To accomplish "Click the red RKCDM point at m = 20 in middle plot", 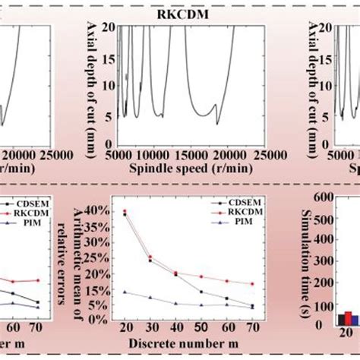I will pyautogui.click(x=125, y=211).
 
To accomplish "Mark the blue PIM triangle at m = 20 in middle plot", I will pyautogui.click(x=125, y=292).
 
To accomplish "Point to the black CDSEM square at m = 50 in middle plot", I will pyautogui.click(x=201, y=292).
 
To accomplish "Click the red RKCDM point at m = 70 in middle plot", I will pyautogui.click(x=251, y=284).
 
